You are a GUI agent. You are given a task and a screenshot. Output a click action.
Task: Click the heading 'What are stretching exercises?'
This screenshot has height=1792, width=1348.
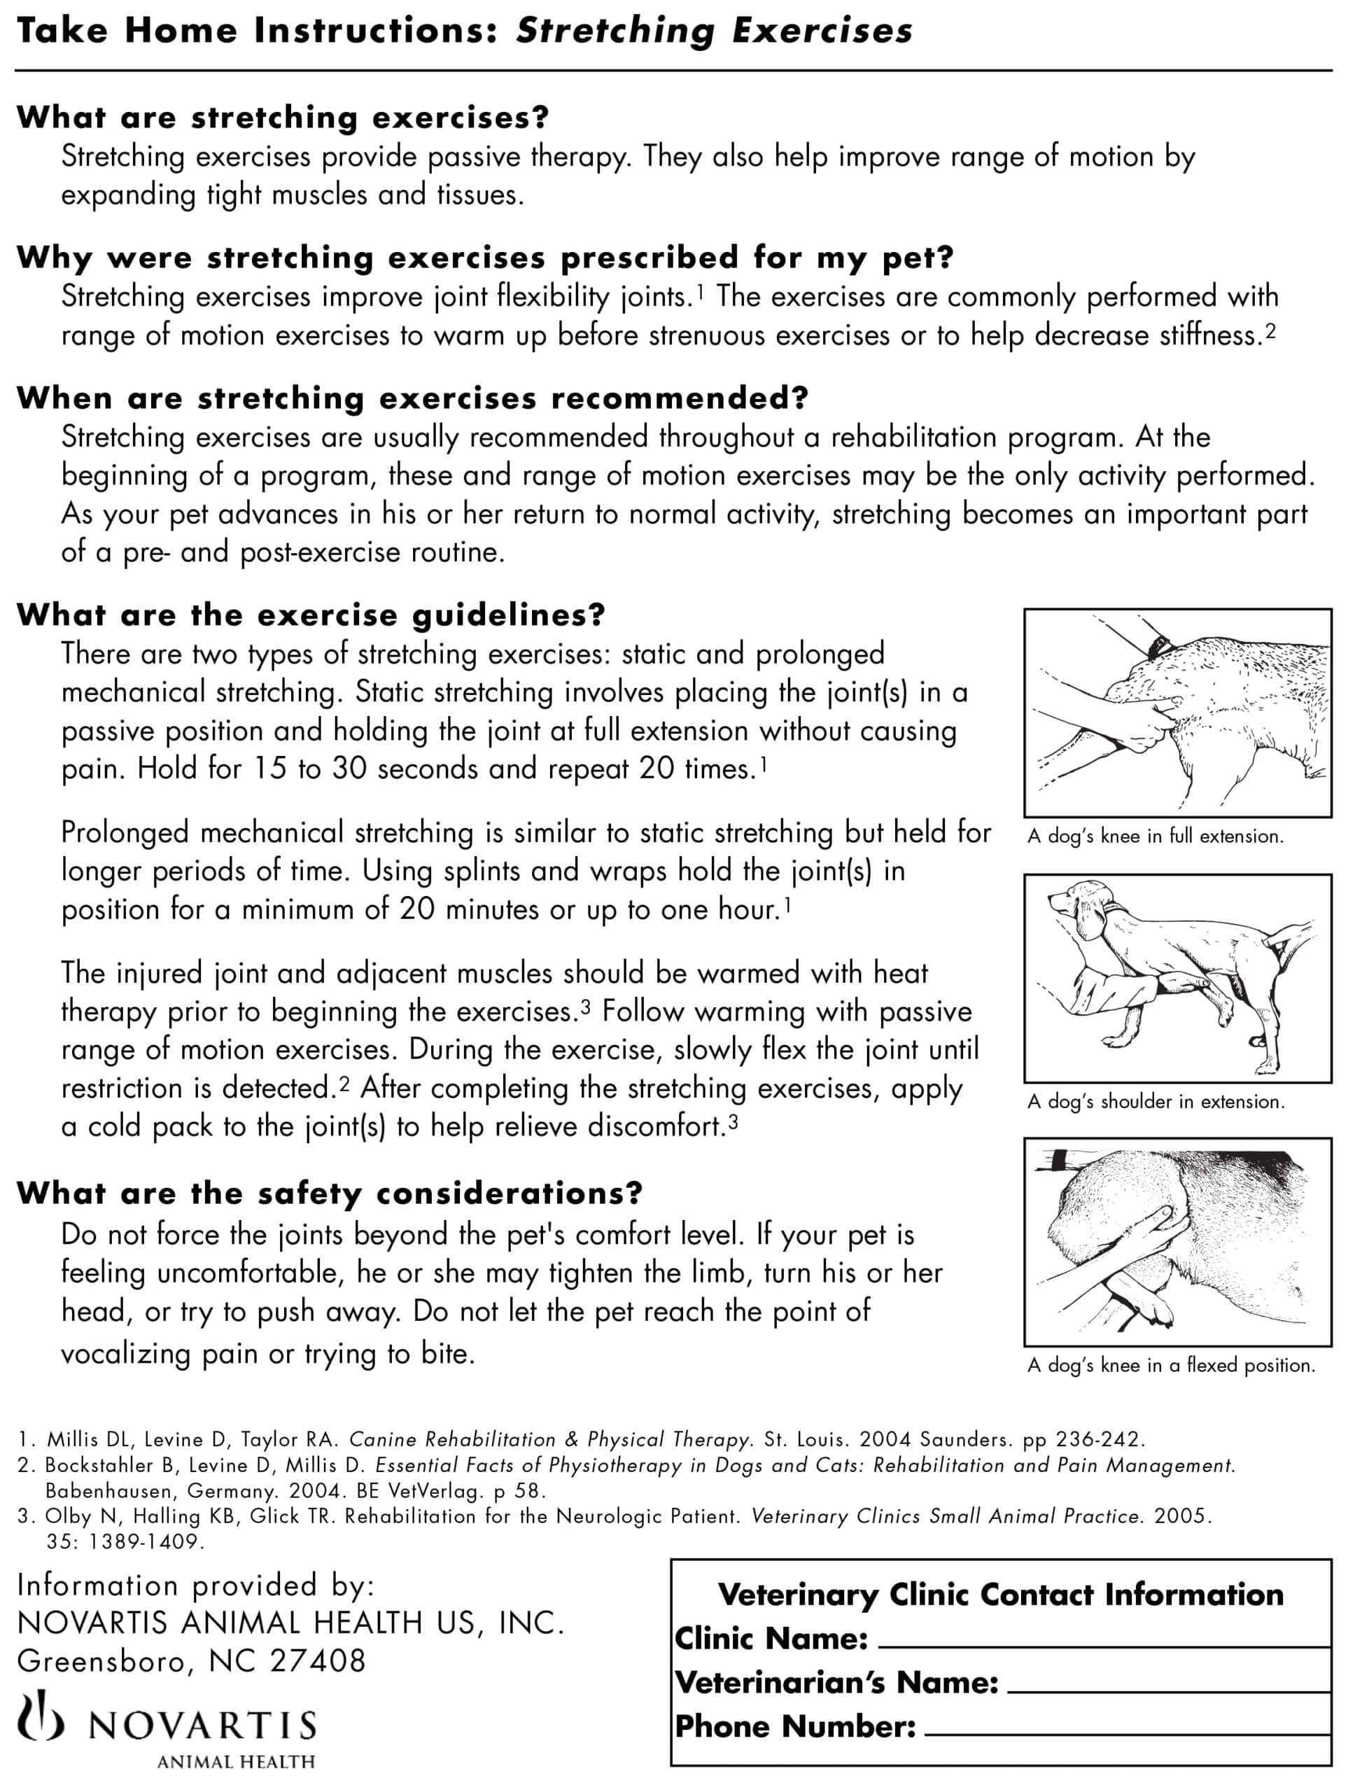tap(282, 118)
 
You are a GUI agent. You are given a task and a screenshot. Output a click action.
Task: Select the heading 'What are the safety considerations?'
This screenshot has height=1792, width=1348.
tap(329, 1193)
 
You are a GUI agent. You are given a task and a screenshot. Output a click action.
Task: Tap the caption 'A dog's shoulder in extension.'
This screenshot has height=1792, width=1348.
tap(1156, 1102)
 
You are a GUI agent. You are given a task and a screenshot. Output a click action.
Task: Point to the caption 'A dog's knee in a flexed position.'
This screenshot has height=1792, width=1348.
tap(1171, 1365)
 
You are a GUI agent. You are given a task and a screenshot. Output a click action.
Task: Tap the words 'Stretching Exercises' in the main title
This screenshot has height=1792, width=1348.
tap(714, 31)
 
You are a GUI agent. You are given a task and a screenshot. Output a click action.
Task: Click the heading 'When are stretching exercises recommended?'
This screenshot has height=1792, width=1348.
tap(412, 398)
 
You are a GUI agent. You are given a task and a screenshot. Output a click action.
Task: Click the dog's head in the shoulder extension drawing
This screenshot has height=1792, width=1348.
tap(1074, 909)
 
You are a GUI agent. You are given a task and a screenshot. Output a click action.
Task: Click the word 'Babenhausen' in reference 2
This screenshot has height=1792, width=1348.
tap(109, 1490)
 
